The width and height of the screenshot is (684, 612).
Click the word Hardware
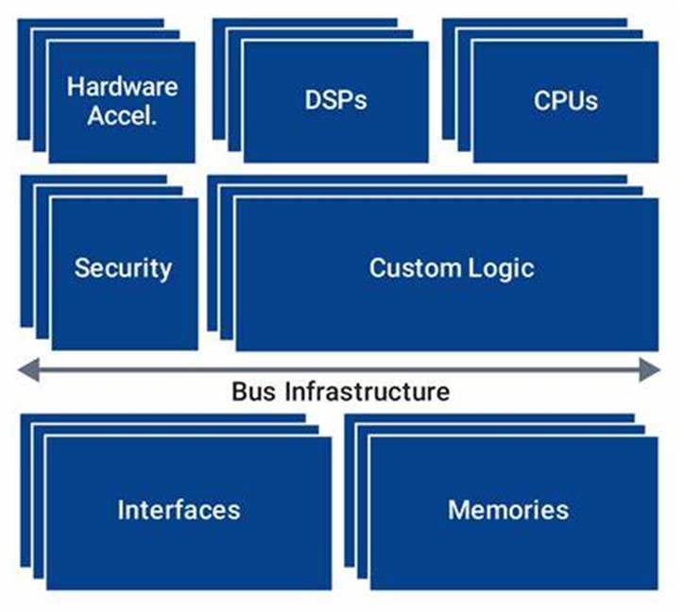tap(122, 87)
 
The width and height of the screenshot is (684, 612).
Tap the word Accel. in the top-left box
tap(122, 116)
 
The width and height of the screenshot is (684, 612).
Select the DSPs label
tap(334, 101)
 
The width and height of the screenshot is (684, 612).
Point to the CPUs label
tap(565, 101)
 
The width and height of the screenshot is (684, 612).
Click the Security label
tap(123, 267)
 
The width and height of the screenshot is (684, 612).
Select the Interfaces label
tap(179, 510)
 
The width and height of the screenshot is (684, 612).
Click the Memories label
tap(508, 510)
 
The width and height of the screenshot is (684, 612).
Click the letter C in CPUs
tap(541, 101)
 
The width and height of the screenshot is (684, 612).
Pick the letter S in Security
tap(82, 267)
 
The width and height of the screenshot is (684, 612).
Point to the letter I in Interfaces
tap(121, 510)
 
